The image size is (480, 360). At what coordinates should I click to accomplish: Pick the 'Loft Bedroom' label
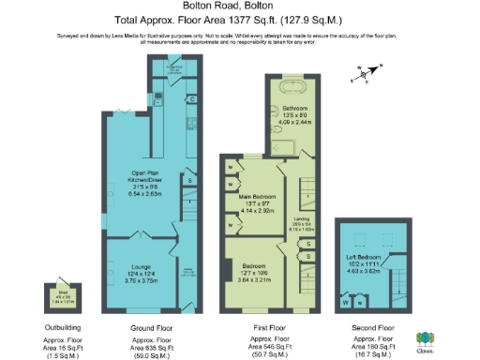(x=366, y=257)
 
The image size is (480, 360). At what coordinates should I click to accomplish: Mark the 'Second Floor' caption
(x=372, y=329)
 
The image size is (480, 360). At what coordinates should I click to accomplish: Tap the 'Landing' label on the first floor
(x=304, y=219)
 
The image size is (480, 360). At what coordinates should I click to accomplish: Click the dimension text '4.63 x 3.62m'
(x=366, y=272)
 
